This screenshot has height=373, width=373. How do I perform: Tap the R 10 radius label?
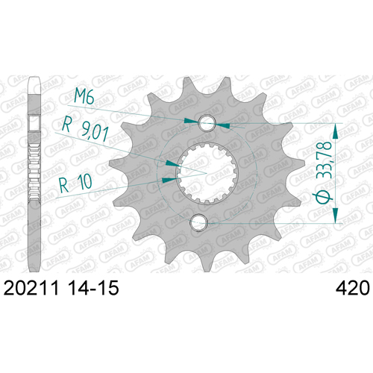tap(75, 184)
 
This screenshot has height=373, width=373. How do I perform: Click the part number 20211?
tap(31, 288)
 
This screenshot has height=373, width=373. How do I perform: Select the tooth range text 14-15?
tap(93, 288)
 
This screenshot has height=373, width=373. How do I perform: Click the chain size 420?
tap(353, 288)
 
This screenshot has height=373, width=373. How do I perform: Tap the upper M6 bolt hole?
tap(207, 123)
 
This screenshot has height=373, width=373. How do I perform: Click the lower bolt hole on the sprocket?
tap(198, 222)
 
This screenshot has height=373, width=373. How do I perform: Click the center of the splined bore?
tap(207, 172)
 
